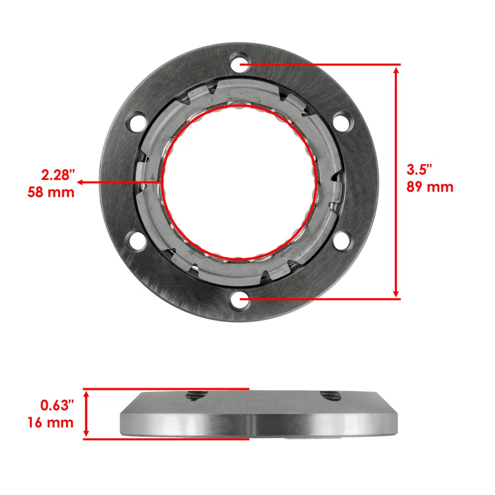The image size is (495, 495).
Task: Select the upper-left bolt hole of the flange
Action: [137, 123]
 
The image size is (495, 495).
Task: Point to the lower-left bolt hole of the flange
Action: [137, 240]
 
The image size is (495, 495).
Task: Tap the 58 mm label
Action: [51, 193]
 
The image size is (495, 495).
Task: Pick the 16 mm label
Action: [50, 423]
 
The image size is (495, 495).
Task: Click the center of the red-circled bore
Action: [238, 182]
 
